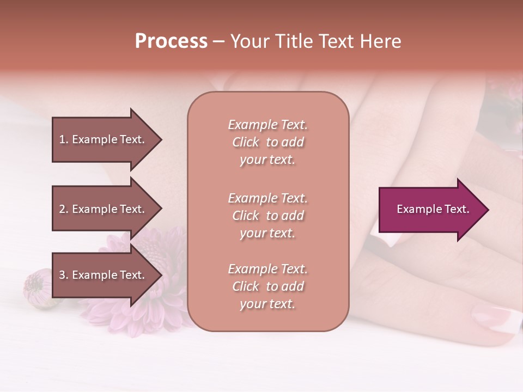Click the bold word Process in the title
pos(171,41)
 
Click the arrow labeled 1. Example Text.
pos(104,139)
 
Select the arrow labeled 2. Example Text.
pos(104,209)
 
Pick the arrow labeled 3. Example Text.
pos(104,275)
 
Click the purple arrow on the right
pos(430,210)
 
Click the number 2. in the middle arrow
pos(64,209)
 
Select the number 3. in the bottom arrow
pos(64,275)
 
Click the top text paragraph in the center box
pos(267,142)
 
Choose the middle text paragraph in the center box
pos(267,215)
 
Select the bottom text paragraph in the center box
pos(267,286)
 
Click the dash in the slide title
pos(218,42)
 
